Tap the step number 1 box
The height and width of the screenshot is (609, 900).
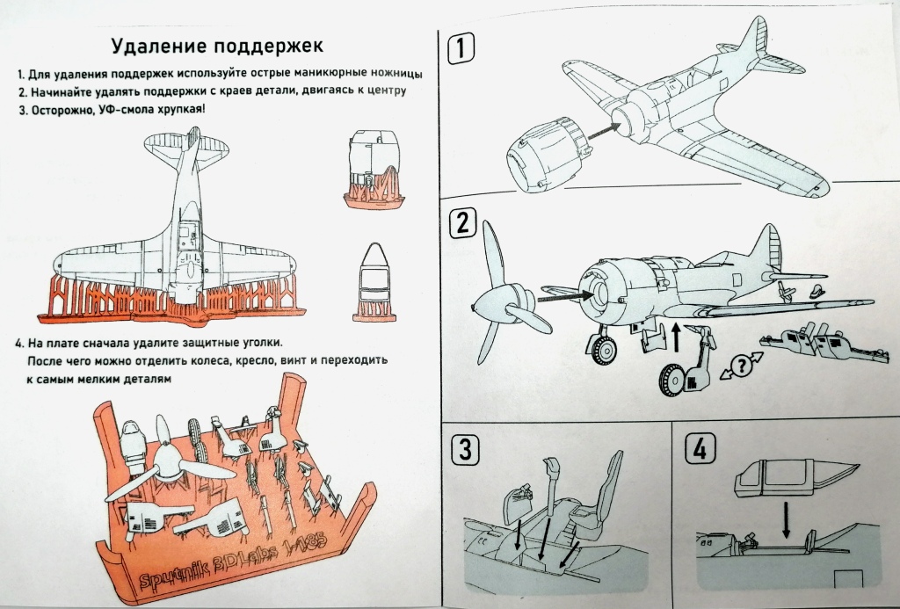[x=461, y=49]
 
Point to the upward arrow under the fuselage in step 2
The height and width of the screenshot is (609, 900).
[x=674, y=334]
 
